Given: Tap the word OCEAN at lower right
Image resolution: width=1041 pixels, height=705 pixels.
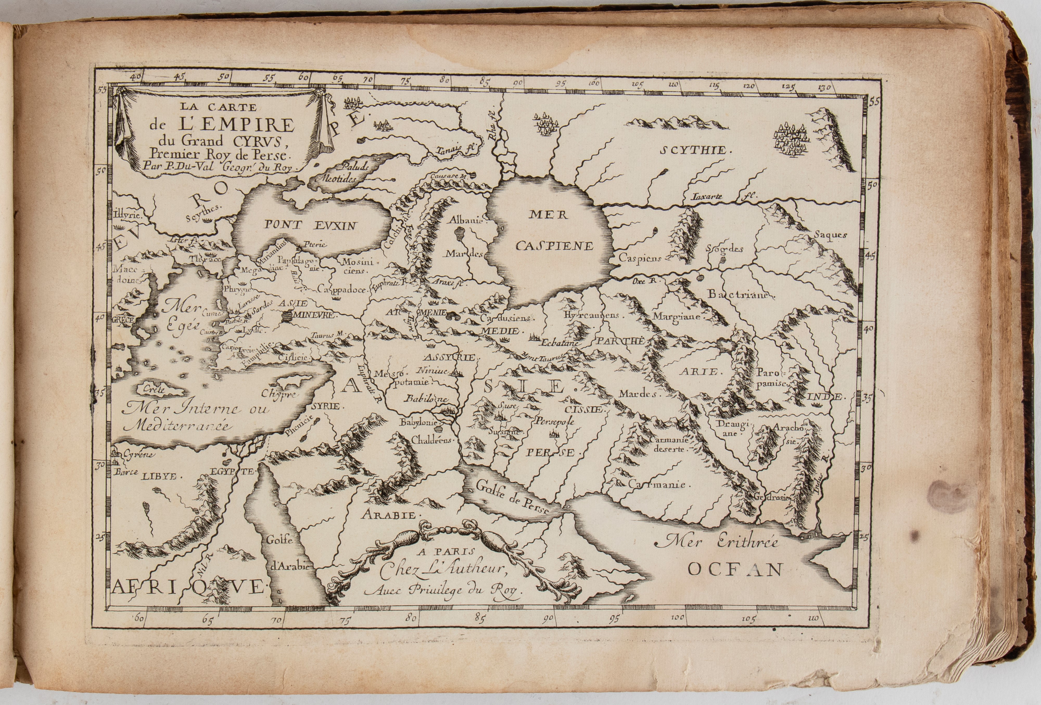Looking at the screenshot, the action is [x=735, y=569].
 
